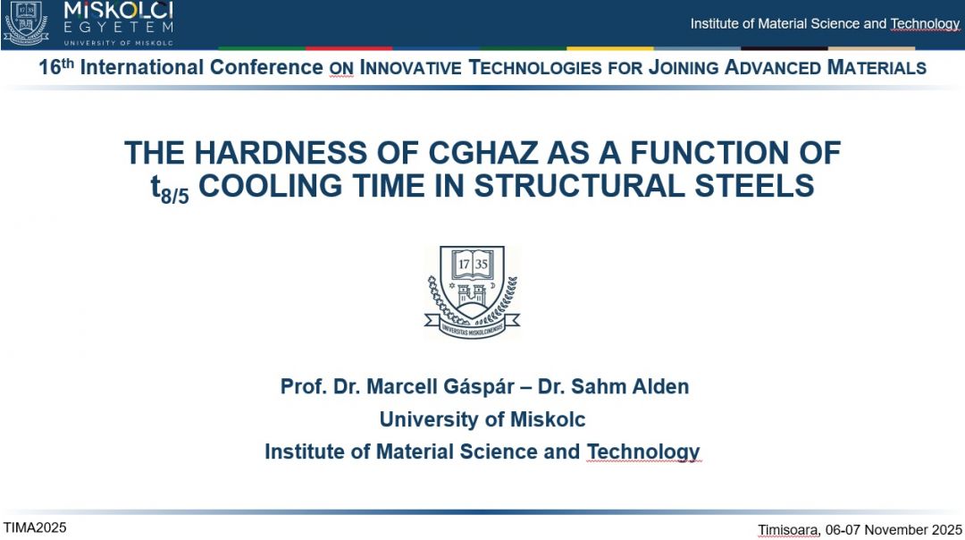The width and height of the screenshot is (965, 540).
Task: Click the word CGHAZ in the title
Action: click(x=483, y=153)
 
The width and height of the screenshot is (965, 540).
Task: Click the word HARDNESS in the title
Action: click(x=281, y=153)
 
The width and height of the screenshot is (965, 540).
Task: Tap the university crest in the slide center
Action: click(x=472, y=291)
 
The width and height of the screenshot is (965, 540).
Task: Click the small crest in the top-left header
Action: click(x=26, y=22)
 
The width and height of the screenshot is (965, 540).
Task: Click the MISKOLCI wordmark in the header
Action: click(x=119, y=11)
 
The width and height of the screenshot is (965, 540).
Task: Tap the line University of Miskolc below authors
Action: click(x=482, y=419)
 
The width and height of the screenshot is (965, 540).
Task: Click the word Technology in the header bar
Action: click(x=925, y=24)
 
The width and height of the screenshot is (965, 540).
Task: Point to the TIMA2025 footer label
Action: click(x=35, y=527)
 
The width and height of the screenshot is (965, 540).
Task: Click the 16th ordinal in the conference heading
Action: click(x=56, y=65)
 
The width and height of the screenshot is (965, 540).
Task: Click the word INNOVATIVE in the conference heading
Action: click(x=410, y=67)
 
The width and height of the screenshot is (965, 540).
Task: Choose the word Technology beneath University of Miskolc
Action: click(x=643, y=452)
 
